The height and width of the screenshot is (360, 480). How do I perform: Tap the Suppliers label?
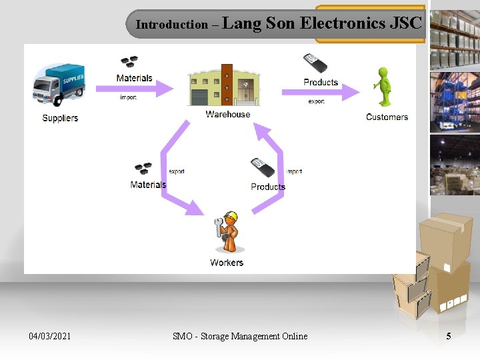pyautogui.click(x=60, y=118)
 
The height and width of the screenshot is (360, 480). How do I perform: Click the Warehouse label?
pyautogui.click(x=227, y=114)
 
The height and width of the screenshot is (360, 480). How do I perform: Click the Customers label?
pyautogui.click(x=387, y=117)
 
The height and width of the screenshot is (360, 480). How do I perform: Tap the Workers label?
pyautogui.click(x=227, y=263)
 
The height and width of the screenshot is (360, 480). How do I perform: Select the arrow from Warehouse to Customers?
pyautogui.click(x=320, y=93)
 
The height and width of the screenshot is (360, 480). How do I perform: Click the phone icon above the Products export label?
pyautogui.click(x=315, y=64)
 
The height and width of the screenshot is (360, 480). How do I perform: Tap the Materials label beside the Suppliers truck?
pyautogui.click(x=134, y=78)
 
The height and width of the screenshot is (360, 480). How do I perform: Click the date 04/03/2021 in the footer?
pyautogui.click(x=50, y=336)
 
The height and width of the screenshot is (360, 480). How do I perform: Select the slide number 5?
pyautogui.click(x=448, y=336)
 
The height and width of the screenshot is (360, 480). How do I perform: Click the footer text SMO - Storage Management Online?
pyautogui.click(x=240, y=336)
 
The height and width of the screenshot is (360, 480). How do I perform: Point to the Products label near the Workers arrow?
pyautogui.click(x=268, y=187)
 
